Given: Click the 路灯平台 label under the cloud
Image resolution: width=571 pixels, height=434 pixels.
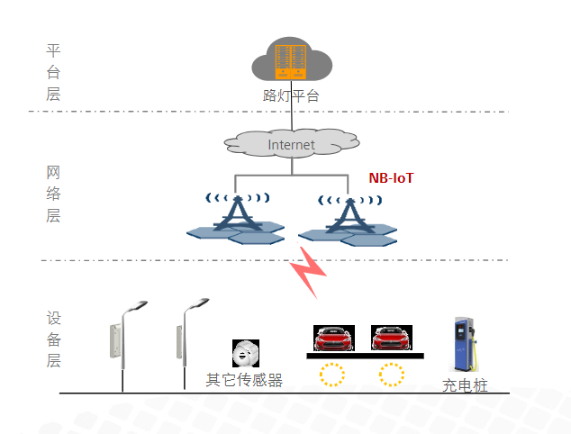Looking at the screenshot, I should pos(291,95).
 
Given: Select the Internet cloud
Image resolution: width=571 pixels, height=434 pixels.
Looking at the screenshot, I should pos(291,143).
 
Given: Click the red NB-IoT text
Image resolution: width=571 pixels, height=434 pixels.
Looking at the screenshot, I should pos(392,178).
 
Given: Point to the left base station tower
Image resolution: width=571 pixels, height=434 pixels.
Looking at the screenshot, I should pos(236,217).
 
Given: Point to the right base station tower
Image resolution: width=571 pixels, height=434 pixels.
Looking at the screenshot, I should pos(347,217).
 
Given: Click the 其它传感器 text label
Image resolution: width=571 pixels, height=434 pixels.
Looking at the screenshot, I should pos(244,380).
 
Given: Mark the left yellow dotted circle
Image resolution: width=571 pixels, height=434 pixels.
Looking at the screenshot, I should pos(332,374).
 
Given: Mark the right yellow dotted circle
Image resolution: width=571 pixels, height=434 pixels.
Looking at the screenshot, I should pos(392,374).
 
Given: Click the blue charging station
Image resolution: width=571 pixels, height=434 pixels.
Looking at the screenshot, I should pos(465,345).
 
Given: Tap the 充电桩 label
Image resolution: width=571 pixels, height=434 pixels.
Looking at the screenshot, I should pos(465,385).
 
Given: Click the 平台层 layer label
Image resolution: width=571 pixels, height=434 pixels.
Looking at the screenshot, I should pos(53,72).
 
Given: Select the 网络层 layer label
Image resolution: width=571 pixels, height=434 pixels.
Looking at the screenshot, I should pos(53,193).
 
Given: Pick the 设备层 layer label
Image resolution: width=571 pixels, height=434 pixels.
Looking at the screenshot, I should pos(53,339).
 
